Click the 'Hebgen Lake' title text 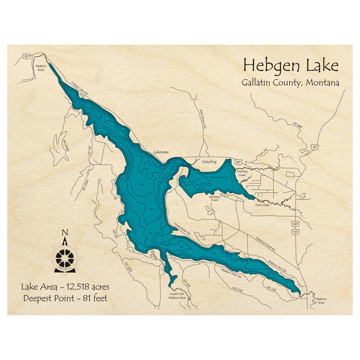(291, 66)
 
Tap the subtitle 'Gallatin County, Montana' (290, 82)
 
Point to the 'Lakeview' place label (161, 152)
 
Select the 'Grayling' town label (209, 162)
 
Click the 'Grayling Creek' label (242, 173)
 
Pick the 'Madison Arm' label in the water (255, 269)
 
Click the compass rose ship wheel (65, 258)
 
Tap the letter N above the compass (65, 232)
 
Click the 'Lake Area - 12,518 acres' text (65, 287)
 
